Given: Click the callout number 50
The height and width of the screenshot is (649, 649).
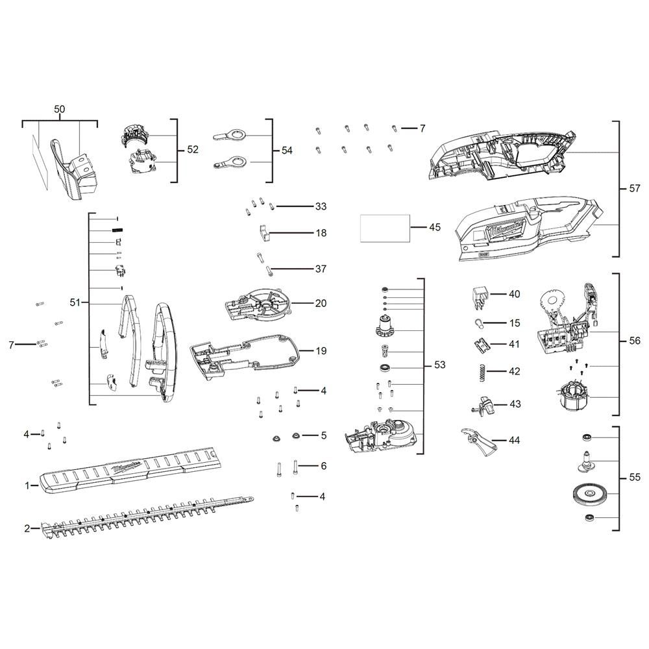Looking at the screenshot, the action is tap(59, 109).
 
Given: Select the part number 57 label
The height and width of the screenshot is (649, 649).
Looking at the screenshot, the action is tap(634, 188).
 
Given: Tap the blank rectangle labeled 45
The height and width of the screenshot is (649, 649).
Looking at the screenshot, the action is tap(385, 228).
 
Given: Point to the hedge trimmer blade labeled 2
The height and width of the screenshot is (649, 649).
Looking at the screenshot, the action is tap(147, 517).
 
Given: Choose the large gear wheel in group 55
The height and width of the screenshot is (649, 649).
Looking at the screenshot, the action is tap(589, 494).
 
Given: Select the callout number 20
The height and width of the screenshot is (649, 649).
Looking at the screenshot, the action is tap(321, 303).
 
